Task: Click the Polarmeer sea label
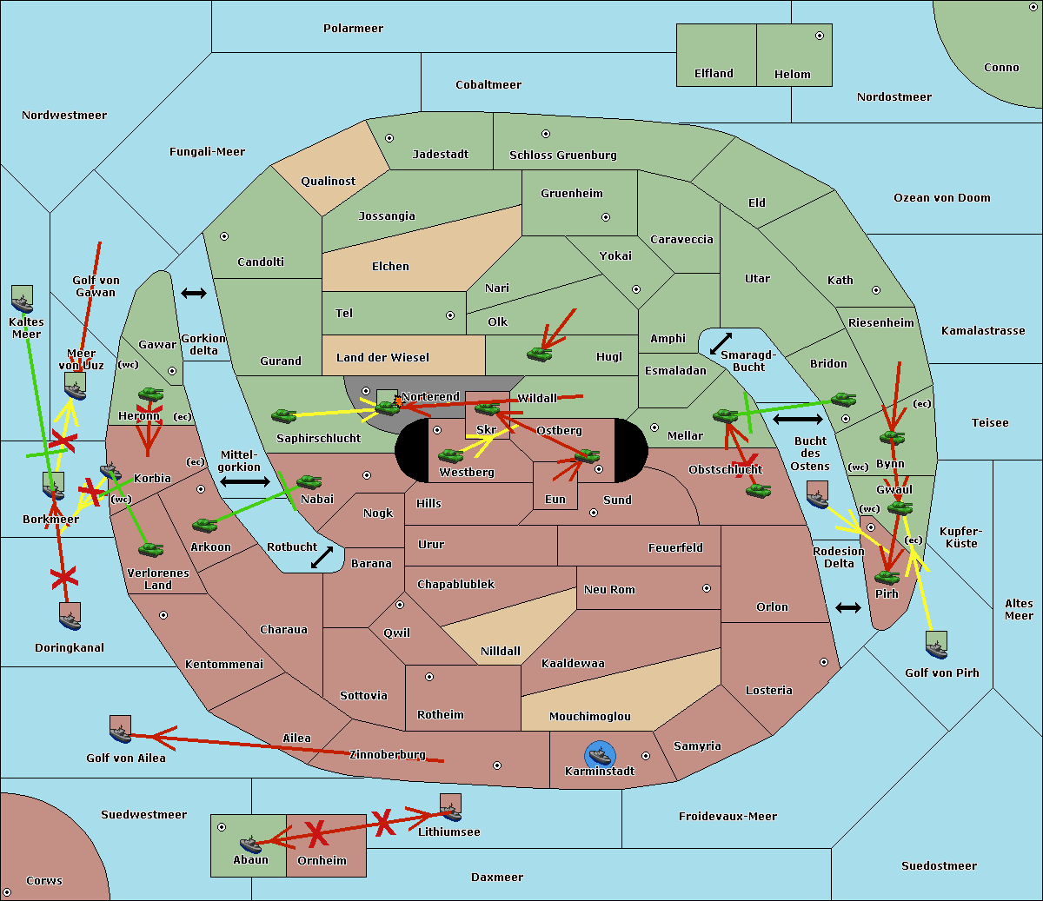click(x=353, y=29)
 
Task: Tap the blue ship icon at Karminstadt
click(x=600, y=755)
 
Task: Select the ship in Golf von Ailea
click(x=120, y=730)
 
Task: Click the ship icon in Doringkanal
click(x=70, y=616)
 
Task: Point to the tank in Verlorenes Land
click(x=150, y=549)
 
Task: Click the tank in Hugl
click(x=539, y=354)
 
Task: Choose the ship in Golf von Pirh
click(x=936, y=646)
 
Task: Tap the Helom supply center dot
click(x=819, y=36)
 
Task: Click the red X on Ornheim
click(x=316, y=833)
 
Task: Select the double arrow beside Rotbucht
click(x=322, y=557)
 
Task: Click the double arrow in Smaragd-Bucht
click(x=721, y=344)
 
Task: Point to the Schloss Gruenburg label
click(x=562, y=156)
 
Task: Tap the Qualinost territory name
click(x=328, y=182)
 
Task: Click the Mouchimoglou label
click(x=589, y=717)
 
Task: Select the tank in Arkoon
click(x=204, y=525)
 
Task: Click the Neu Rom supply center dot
click(x=707, y=588)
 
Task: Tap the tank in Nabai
click(x=309, y=482)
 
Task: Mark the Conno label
click(x=1001, y=68)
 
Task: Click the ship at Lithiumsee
click(x=450, y=808)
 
